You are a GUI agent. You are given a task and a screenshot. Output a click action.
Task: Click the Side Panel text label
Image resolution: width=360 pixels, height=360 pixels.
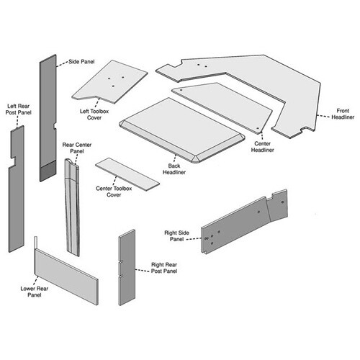click(x=81, y=61)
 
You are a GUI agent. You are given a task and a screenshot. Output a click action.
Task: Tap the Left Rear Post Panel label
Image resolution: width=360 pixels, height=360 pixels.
click(x=19, y=109)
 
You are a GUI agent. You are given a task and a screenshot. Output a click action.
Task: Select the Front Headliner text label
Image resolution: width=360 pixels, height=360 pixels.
click(x=343, y=114)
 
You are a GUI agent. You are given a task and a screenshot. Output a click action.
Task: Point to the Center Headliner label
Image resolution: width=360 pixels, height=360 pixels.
click(x=262, y=147)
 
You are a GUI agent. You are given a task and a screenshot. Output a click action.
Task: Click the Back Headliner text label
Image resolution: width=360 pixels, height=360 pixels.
click(x=174, y=169)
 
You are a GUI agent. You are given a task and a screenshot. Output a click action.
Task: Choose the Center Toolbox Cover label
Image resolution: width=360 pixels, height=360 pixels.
click(x=114, y=192)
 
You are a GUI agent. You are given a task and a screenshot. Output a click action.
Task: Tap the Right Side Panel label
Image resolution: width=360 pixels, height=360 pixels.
click(x=176, y=236)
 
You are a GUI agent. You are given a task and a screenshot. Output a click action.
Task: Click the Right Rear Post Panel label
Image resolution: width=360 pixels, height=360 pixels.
click(x=164, y=268)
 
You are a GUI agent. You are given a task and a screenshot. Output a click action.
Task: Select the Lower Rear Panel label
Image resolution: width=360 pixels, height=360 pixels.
click(x=35, y=292)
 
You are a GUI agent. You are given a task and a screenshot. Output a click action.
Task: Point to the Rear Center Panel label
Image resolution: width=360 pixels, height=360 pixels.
click(x=77, y=148)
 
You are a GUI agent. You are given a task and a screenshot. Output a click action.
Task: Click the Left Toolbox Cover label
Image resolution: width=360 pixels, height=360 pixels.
click(x=94, y=114)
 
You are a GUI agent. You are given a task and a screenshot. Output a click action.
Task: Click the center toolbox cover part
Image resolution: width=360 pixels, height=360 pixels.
click(x=127, y=174)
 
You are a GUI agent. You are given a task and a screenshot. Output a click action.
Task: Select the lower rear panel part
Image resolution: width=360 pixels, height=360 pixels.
click(x=66, y=276)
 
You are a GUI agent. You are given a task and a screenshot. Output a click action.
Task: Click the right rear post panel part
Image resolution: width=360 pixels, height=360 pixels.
click(x=127, y=267)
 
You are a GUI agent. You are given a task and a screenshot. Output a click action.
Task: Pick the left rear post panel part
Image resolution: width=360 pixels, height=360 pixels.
click(x=17, y=189)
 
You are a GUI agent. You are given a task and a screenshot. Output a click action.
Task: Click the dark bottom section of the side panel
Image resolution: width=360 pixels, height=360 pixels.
click(x=48, y=171)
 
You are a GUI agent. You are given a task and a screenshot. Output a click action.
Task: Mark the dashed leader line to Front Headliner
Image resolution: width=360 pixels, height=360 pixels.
click(x=323, y=117)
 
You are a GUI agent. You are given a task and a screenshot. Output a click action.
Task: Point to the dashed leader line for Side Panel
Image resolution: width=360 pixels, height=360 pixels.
click(x=62, y=64)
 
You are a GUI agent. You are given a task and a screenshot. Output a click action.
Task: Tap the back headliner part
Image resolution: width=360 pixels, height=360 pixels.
click(x=182, y=130)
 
